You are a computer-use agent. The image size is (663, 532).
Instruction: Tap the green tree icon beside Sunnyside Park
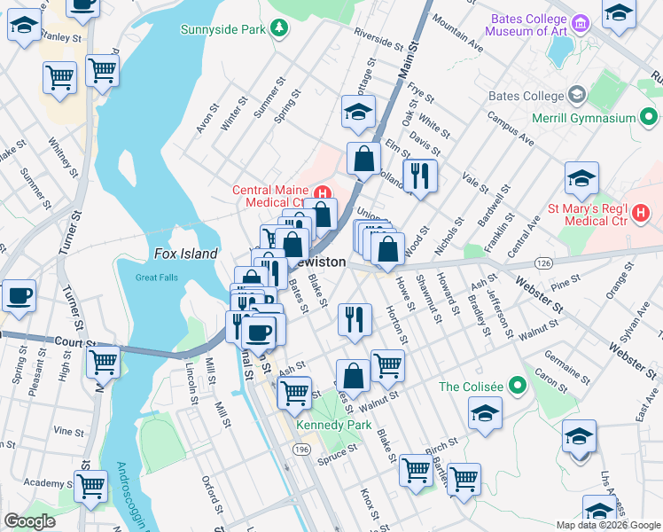pos(280,29)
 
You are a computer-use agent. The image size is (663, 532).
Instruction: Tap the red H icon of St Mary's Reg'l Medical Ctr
pos(642,213)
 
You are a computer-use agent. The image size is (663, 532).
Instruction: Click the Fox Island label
pos(185,254)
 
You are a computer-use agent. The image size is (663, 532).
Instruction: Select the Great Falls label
pos(157,278)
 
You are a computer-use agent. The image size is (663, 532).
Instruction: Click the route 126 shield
pos(542,263)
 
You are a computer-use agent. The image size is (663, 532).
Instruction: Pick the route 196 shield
pos(300,451)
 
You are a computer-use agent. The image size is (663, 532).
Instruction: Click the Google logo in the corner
pos(30,521)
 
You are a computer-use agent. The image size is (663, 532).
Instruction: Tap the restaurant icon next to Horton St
pos(355,318)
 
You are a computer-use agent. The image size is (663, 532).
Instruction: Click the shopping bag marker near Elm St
pos(363,159)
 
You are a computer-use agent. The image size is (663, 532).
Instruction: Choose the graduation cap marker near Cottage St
pos(358,112)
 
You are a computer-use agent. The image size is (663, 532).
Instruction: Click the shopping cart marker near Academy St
pos(91,486)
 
